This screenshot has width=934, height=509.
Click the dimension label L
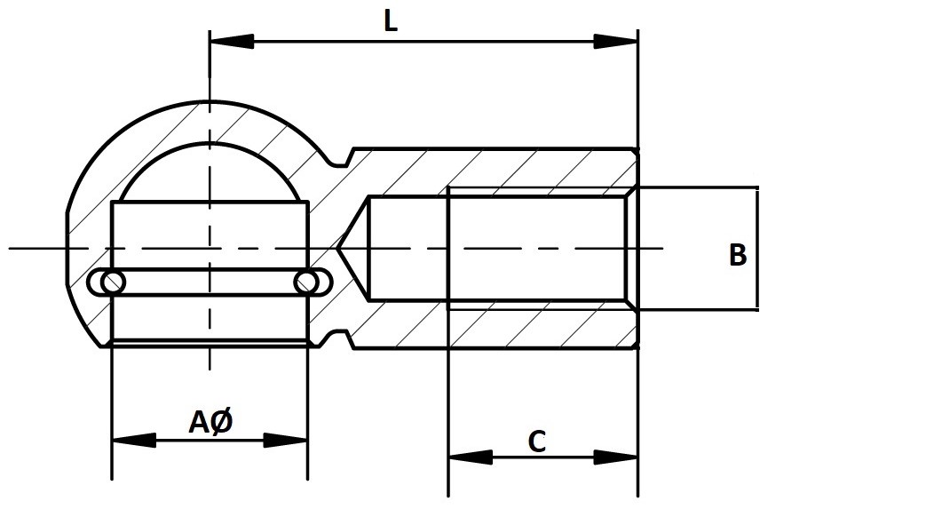point(390,21)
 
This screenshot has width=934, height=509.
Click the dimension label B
point(738,255)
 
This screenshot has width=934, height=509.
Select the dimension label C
point(536,441)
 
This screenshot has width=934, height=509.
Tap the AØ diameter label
point(211,423)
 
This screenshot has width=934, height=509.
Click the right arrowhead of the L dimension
point(616,41)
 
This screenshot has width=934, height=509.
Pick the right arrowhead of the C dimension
point(616,457)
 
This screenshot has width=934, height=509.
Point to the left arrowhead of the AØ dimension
point(133,440)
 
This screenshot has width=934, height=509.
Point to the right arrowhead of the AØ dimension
point(286,440)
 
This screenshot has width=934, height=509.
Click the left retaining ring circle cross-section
point(112,282)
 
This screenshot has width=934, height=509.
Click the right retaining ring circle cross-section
point(308,282)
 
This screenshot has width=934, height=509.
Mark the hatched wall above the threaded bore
point(542,168)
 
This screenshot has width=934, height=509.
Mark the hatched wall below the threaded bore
point(542,328)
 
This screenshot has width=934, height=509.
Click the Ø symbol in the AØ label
point(223,423)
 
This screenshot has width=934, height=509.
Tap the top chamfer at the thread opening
point(631,191)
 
